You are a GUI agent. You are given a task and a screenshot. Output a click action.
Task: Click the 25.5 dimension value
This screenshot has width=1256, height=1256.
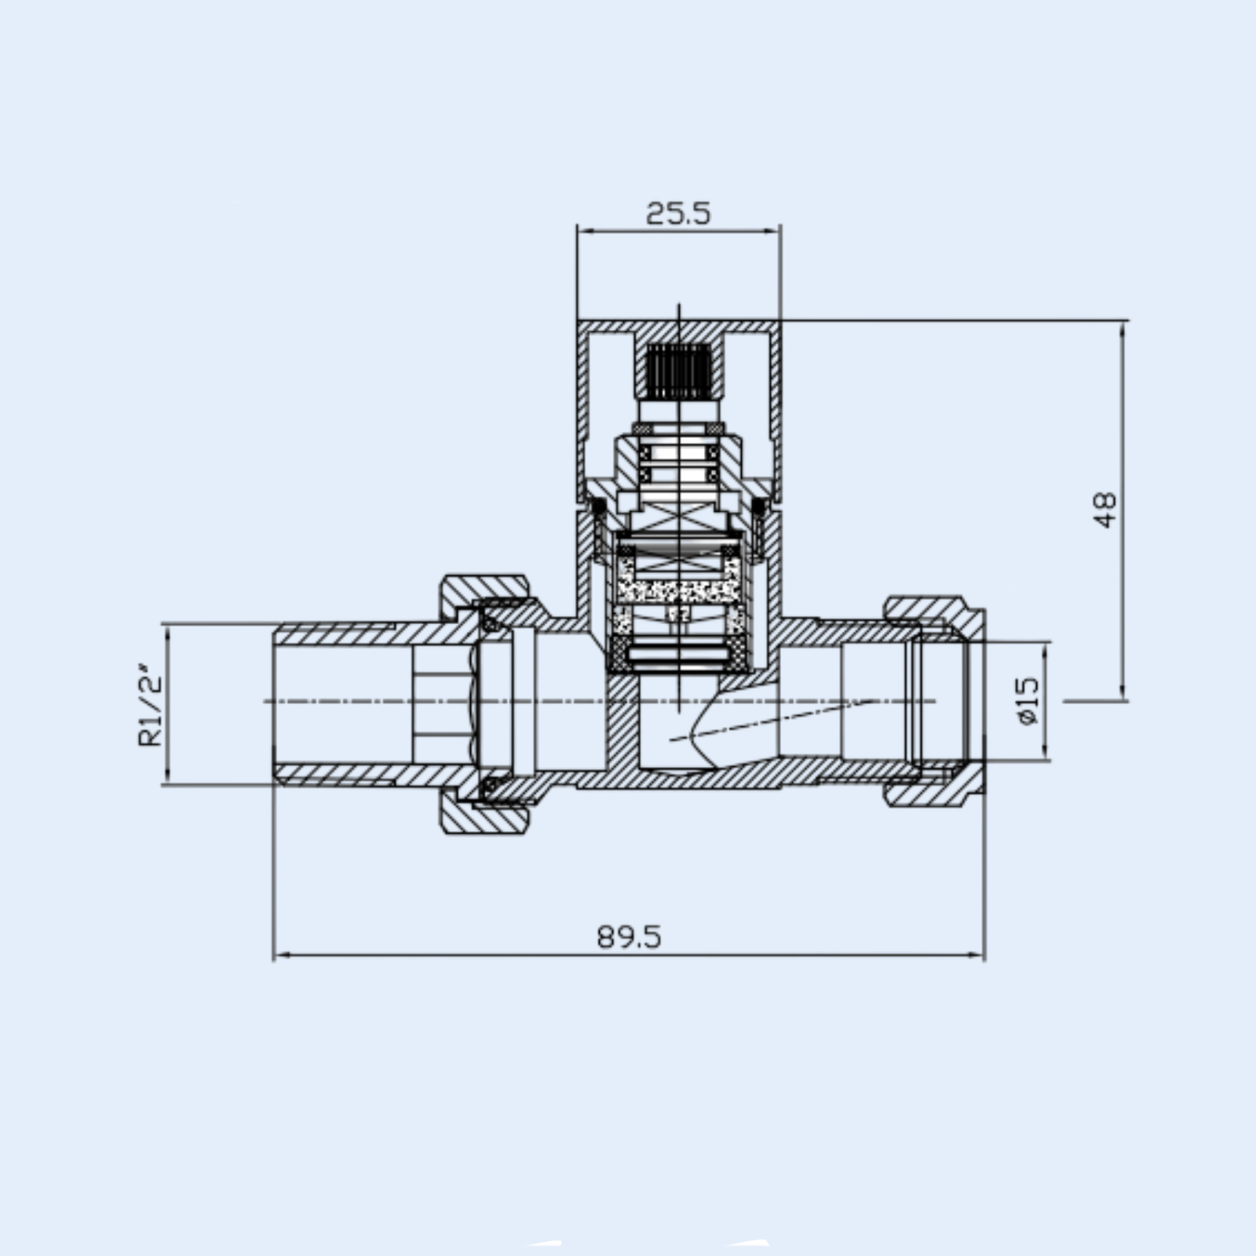(678, 213)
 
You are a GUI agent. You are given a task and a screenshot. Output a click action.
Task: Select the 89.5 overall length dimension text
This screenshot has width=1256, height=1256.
(630, 937)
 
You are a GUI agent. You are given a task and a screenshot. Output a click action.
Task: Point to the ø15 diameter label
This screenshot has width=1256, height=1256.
(1028, 701)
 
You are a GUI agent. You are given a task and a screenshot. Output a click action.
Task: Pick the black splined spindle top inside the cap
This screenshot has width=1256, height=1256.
(679, 370)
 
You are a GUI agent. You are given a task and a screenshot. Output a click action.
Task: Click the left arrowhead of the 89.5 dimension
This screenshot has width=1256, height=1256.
(281, 955)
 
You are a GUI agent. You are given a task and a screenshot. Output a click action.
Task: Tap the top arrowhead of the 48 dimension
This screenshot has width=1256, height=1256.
(1123, 330)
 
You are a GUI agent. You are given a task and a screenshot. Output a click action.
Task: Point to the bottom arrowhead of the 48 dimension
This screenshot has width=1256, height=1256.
(1123, 690)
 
